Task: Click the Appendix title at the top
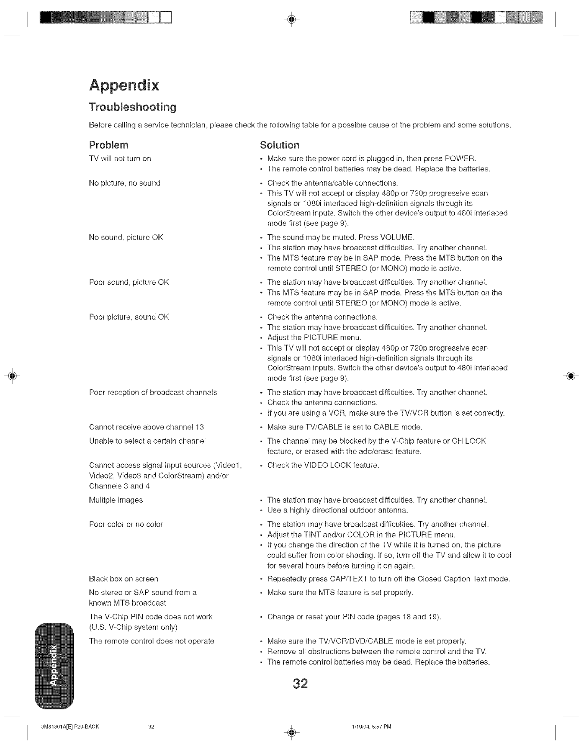click(x=124, y=85)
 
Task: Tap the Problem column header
click(x=109, y=144)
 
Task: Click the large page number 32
click(x=300, y=684)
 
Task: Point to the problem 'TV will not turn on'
click(x=120, y=158)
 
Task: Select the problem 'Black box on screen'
click(x=123, y=579)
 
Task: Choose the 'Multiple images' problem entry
click(x=116, y=500)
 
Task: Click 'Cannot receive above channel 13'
click(x=146, y=427)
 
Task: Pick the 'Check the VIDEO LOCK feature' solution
click(x=323, y=466)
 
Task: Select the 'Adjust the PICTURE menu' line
click(x=314, y=338)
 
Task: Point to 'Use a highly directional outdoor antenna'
click(x=338, y=510)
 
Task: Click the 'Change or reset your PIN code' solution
click(x=354, y=617)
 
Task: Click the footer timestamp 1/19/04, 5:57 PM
click(x=371, y=727)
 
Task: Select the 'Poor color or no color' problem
click(x=126, y=525)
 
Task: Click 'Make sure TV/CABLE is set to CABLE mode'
click(x=344, y=427)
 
